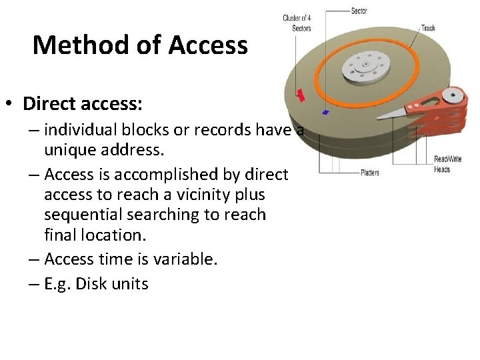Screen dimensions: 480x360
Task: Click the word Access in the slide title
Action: (208, 45)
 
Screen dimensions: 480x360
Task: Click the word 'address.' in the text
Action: (136, 149)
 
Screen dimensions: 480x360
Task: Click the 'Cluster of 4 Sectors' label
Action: (297, 23)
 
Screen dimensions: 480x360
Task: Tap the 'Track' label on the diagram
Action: (427, 28)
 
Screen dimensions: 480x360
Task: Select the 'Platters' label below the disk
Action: (369, 173)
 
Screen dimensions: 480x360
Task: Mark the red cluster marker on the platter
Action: (301, 96)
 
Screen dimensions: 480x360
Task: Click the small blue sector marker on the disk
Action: (325, 112)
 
